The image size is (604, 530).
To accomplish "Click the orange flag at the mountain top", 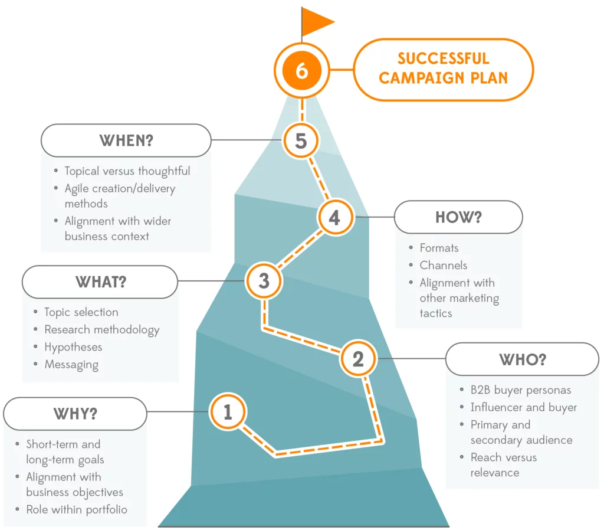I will [x=317, y=22].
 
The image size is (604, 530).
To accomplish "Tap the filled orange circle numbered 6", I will [x=301, y=71].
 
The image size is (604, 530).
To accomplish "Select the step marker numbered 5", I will [x=301, y=141].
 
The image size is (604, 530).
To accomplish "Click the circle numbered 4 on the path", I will [x=334, y=217].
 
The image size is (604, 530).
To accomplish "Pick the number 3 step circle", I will [x=264, y=281].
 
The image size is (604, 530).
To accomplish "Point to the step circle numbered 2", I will [x=358, y=359].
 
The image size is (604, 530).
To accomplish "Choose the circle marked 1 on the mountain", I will [x=228, y=412].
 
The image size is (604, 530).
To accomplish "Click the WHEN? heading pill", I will [x=126, y=140].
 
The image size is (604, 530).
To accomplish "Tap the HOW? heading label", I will [x=458, y=217].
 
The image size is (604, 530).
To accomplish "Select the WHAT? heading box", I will [x=100, y=282].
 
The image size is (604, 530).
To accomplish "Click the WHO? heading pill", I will [x=522, y=359].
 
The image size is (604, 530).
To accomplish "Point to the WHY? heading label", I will [x=75, y=413].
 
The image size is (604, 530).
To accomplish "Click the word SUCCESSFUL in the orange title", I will [x=443, y=59].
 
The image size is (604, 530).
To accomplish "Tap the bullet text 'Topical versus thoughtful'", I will [x=127, y=171].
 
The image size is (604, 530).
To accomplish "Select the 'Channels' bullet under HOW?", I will [x=444, y=266].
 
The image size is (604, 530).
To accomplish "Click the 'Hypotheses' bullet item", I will [x=73, y=347].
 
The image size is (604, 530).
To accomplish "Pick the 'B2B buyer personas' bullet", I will [x=521, y=390].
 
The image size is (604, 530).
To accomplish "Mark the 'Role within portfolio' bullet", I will [x=77, y=509].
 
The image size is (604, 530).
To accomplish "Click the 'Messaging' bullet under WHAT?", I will [x=71, y=365].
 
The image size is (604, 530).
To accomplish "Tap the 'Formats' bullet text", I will [x=439, y=248].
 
